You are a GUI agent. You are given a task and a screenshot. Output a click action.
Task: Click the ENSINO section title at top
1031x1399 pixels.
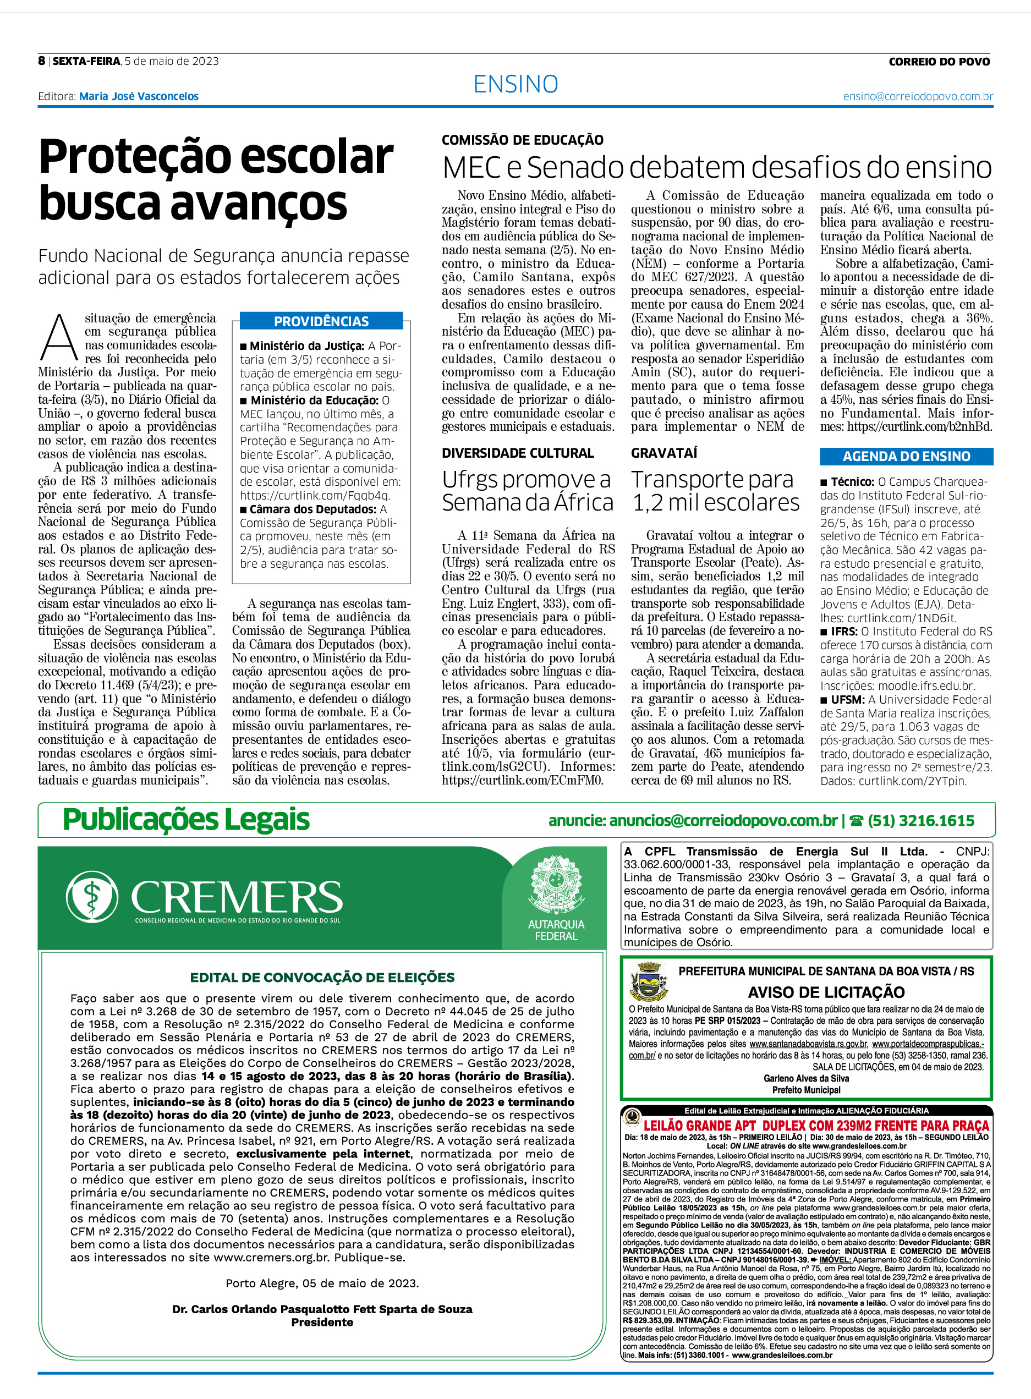tap(515, 84)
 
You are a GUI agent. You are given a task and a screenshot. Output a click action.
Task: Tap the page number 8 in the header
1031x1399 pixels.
tap(41, 61)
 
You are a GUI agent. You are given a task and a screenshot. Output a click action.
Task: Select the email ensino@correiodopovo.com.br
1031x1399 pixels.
tap(918, 96)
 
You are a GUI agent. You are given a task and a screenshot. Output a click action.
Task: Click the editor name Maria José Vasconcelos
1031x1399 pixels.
tap(139, 96)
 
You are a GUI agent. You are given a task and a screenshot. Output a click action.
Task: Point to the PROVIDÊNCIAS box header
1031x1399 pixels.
tap(321, 321)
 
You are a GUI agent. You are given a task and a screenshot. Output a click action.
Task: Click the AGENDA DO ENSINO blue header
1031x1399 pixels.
tap(906, 456)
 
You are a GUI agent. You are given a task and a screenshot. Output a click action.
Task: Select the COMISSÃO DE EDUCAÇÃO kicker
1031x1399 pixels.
tap(522, 140)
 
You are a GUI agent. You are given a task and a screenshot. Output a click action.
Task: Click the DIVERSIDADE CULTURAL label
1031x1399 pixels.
tap(517, 453)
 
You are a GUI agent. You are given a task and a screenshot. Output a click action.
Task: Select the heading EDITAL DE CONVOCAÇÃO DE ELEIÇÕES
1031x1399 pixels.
tap(322, 977)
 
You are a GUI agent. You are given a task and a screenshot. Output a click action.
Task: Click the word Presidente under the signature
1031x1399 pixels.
tap(322, 1321)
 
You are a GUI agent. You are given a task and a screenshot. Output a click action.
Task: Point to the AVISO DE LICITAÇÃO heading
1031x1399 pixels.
tap(826, 992)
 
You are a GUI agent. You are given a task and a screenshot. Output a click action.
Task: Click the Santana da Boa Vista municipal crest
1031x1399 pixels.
tap(649, 981)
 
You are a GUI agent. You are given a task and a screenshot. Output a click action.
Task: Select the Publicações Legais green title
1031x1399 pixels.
tap(186, 819)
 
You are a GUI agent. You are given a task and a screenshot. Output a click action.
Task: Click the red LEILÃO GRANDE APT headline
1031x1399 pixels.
tap(816, 1126)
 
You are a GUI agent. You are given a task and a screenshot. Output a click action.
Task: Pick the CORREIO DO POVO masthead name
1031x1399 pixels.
tap(939, 61)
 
